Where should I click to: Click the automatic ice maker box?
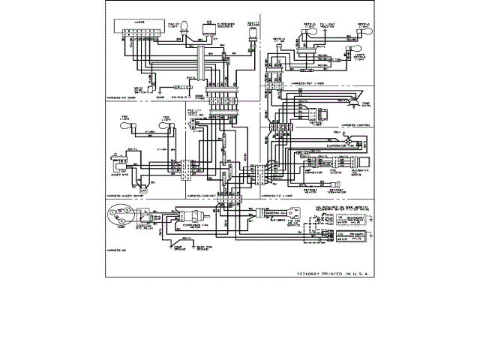[x=365, y=162]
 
